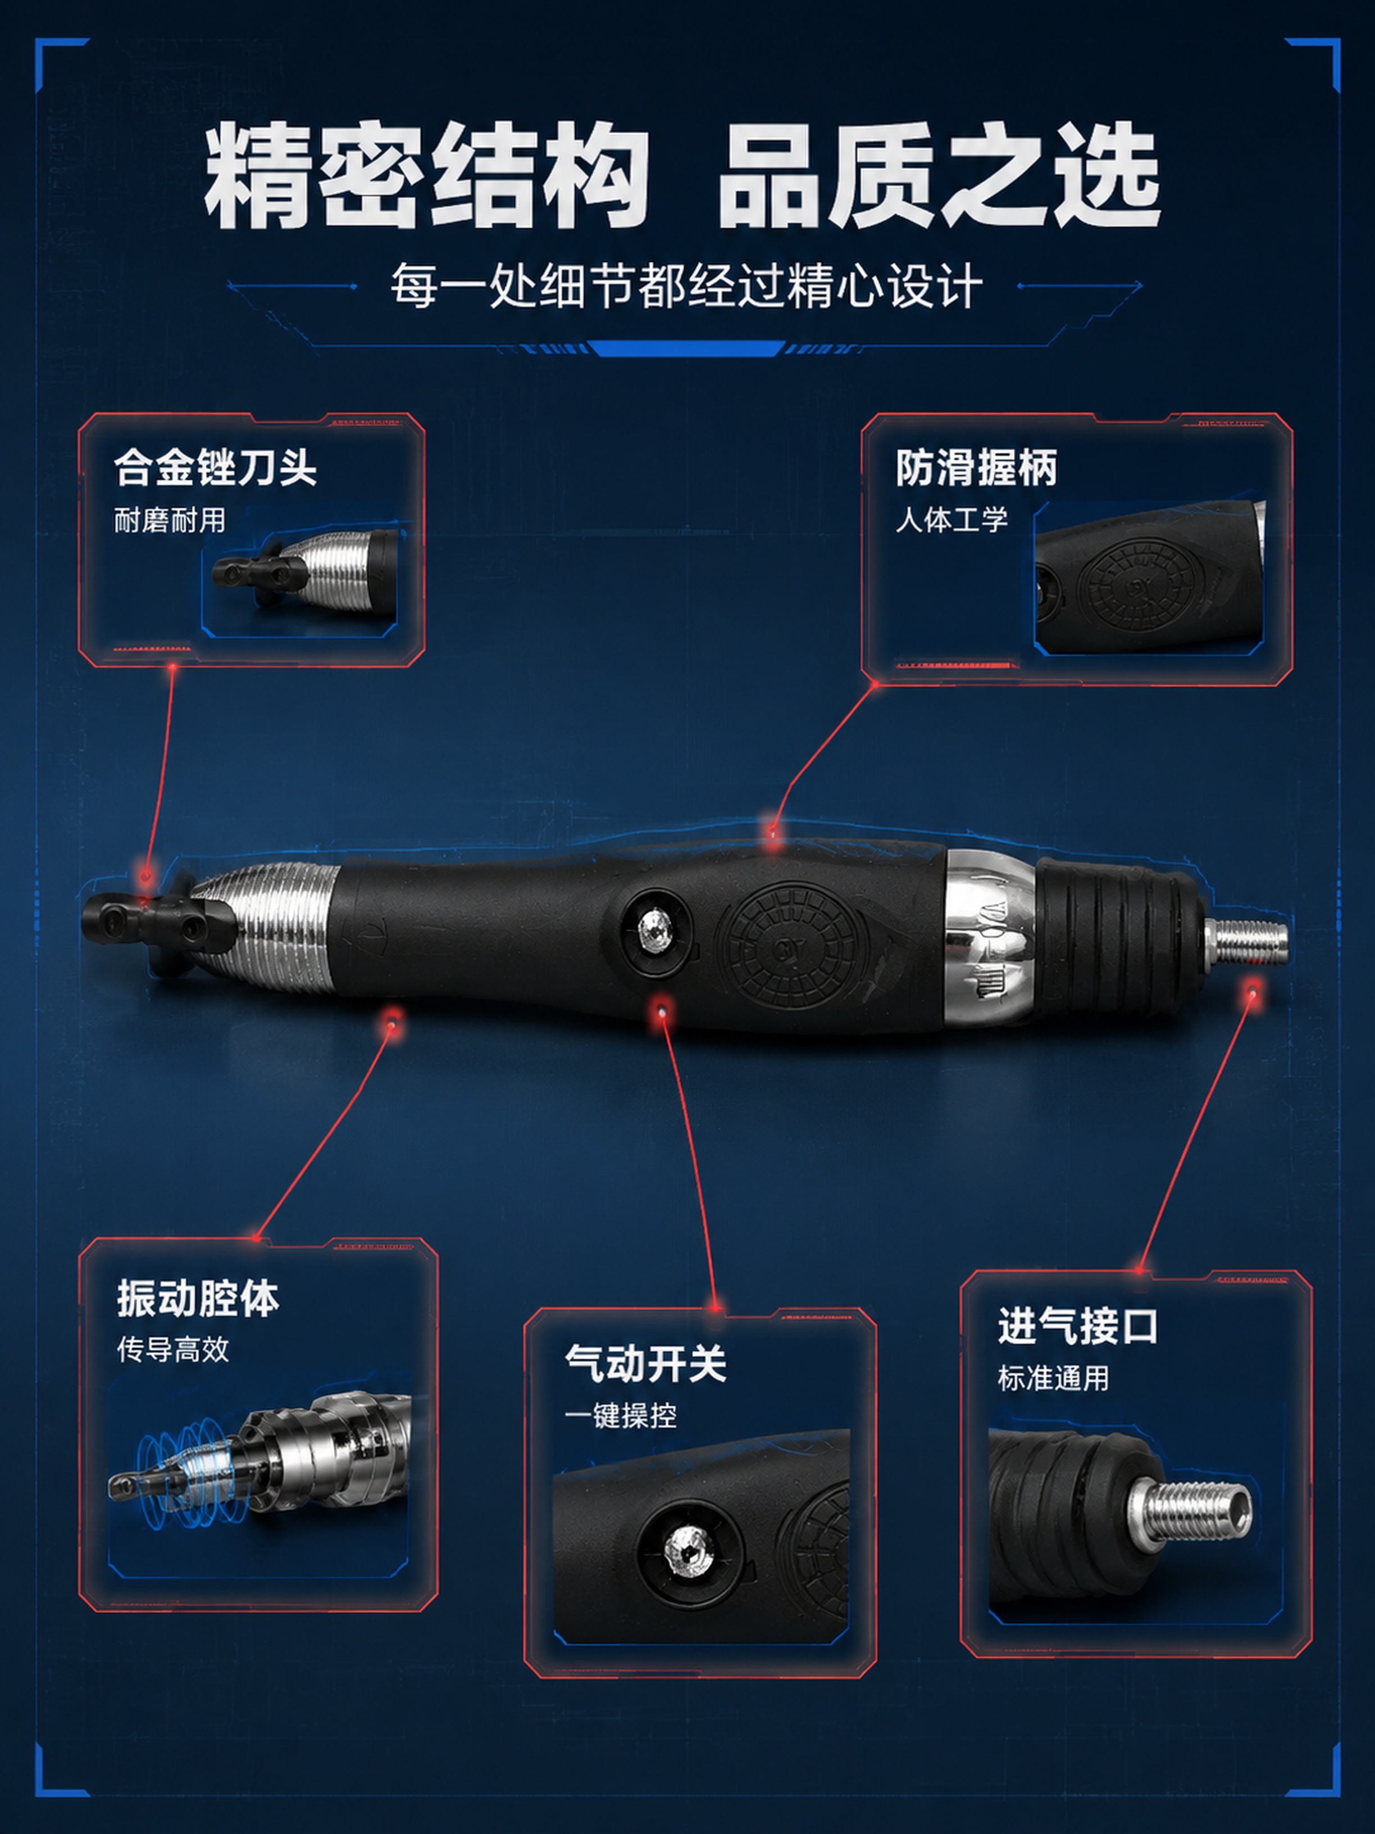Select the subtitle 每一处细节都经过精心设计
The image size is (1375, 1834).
pyautogui.click(x=687, y=286)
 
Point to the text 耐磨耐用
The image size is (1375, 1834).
pyautogui.click(x=170, y=521)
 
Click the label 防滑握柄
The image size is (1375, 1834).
pyautogui.click(x=976, y=467)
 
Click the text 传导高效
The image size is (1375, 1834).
pyautogui.click(x=173, y=1350)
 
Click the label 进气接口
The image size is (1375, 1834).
pyautogui.click(x=1077, y=1325)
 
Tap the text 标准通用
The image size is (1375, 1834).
pyautogui.click(x=1053, y=1378)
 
